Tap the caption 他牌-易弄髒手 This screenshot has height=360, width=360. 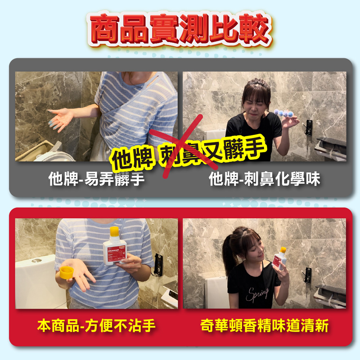pyautogui.click(x=96, y=179)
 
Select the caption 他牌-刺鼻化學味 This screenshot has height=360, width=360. pyautogui.click(x=264, y=179)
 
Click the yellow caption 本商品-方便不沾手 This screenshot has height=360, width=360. pyautogui.click(x=96, y=326)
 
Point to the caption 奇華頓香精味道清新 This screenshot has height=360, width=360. pyautogui.click(x=264, y=326)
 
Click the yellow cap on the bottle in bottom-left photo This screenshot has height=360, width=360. pyautogui.click(x=114, y=231)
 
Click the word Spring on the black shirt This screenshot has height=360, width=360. pyautogui.click(x=257, y=293)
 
